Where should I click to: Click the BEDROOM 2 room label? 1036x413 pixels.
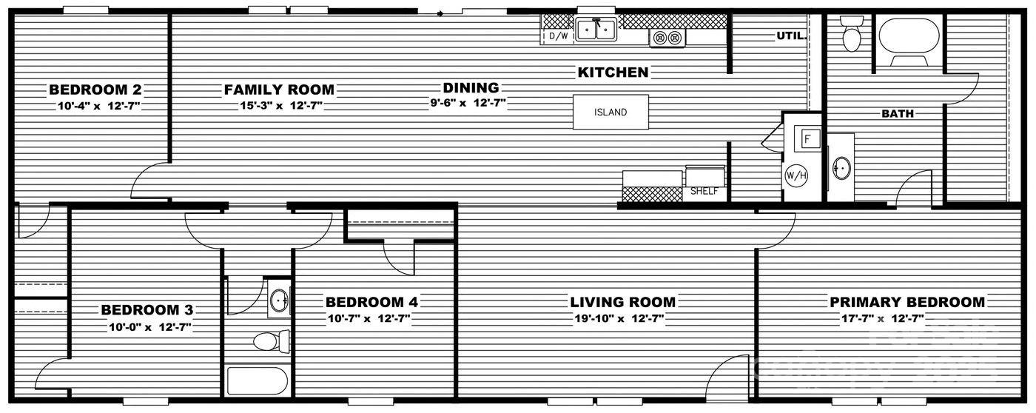pyautogui.click(x=95, y=90)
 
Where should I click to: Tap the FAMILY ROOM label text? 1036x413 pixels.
pyautogui.click(x=279, y=90)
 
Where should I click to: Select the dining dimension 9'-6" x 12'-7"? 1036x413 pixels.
pyautogui.click(x=468, y=104)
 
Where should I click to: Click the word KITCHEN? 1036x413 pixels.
pyautogui.click(x=613, y=72)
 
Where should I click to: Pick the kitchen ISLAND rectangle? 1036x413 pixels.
pyautogui.click(x=610, y=113)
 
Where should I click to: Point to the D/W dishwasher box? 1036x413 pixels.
pyautogui.click(x=558, y=36)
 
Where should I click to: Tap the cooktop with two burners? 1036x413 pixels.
pyautogui.click(x=667, y=38)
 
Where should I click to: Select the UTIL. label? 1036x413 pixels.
pyautogui.click(x=790, y=36)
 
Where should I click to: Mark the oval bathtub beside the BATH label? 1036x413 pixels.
pyautogui.click(x=909, y=38)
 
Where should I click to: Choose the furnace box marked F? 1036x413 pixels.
pyautogui.click(x=808, y=138)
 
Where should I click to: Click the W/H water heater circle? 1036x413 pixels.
pyautogui.click(x=795, y=176)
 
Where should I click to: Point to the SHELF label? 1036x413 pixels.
pyautogui.click(x=704, y=191)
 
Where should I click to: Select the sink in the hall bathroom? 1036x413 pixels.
pyautogui.click(x=279, y=300)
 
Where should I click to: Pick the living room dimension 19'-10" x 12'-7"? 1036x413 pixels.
pyautogui.click(x=622, y=318)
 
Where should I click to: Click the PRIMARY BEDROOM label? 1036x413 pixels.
pyautogui.click(x=906, y=302)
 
